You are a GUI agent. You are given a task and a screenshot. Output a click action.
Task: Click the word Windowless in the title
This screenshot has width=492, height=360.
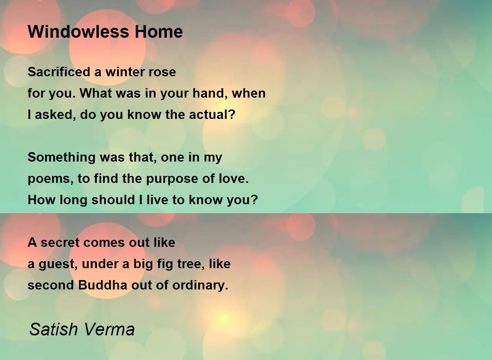78,32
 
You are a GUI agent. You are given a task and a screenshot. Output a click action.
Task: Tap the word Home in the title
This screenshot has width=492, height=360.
159,32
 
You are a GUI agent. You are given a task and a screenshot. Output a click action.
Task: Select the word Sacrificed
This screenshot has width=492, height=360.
59,72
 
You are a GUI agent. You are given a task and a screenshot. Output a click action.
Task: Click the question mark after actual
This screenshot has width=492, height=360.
232,114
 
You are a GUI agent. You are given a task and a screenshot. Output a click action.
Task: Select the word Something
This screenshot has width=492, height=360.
61,157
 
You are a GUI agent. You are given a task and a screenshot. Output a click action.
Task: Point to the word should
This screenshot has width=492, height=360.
113,200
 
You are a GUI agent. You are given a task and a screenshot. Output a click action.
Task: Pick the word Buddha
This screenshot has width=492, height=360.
102,285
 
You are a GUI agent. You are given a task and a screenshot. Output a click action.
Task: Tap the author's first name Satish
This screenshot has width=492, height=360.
53,329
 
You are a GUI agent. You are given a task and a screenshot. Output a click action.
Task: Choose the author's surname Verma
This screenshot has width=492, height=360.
109,329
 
